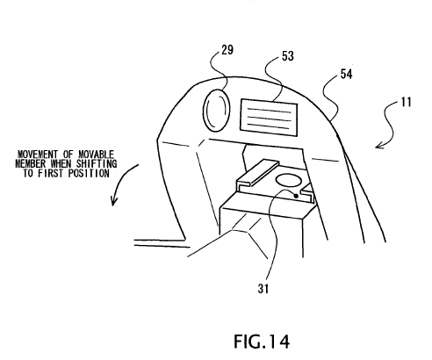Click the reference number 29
(227, 50)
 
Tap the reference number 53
(288, 56)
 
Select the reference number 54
(346, 74)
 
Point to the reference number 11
(407, 102)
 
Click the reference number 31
(263, 289)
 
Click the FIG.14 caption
(262, 342)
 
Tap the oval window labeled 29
(216, 110)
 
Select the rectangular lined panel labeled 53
(269, 118)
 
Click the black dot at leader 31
(296, 196)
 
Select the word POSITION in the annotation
(89, 173)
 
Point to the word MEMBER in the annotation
(31, 163)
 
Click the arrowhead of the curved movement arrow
(113, 202)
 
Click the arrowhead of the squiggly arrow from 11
(379, 145)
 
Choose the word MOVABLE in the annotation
(96, 155)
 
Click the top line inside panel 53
(270, 111)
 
